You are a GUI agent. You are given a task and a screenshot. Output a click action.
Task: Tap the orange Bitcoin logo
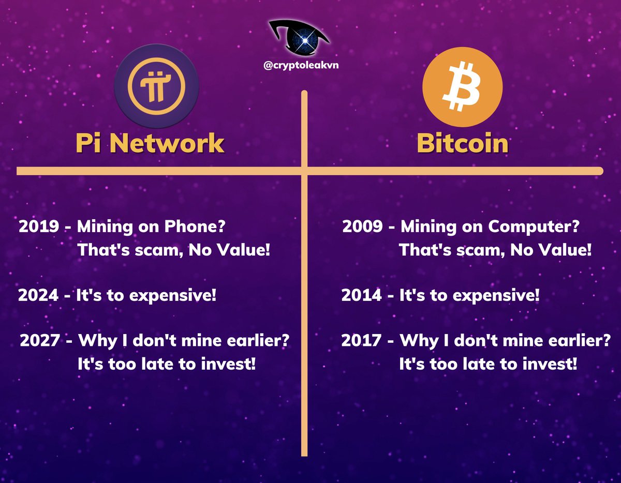[462, 88]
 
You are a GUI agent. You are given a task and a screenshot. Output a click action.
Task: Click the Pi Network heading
[150, 143]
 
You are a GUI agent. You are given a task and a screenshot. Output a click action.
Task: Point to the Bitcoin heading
[462, 143]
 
